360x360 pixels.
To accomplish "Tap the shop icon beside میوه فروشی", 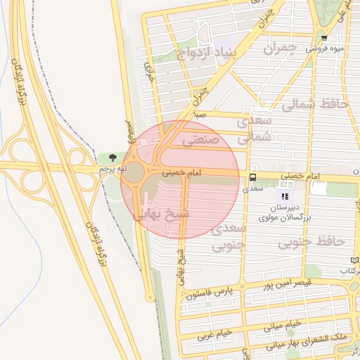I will (323, 38).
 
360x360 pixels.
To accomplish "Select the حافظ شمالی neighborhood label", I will (314, 104).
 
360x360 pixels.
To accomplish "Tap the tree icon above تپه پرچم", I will (112, 157).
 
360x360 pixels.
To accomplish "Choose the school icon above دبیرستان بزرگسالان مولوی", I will (285, 197).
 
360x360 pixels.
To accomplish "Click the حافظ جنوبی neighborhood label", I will (311, 241).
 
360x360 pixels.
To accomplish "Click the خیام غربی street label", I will (214, 335).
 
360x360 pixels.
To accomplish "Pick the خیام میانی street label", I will (283, 325).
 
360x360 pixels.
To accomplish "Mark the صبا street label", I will (201, 112).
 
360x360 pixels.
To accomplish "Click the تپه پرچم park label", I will (112, 169).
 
